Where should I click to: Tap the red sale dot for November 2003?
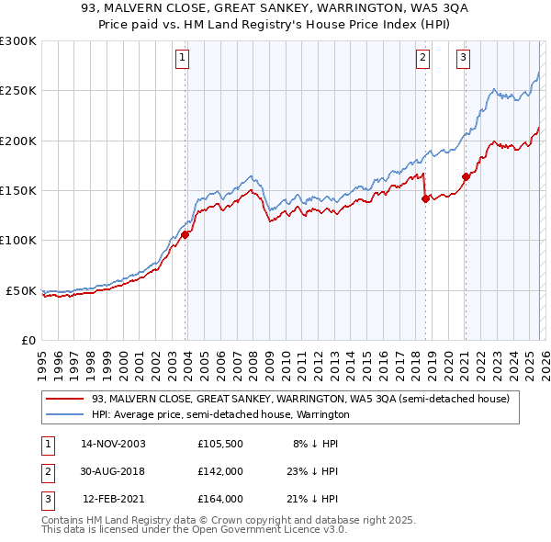point(186,234)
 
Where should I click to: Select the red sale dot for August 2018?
point(425,198)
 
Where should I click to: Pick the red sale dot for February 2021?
point(466,176)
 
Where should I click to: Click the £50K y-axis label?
point(21,290)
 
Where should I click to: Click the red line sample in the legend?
point(66,399)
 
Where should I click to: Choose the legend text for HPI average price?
point(220,414)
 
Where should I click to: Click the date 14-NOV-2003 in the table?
point(114,443)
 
